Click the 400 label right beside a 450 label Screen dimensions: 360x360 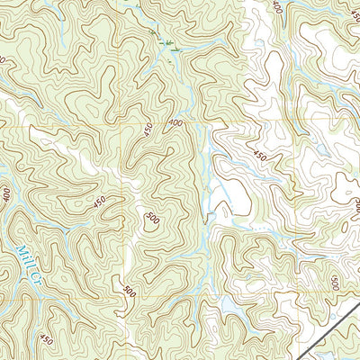[174, 122]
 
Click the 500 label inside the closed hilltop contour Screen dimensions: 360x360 [152, 219]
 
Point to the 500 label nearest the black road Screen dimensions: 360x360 [335, 283]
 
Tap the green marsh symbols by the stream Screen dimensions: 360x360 [165, 42]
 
